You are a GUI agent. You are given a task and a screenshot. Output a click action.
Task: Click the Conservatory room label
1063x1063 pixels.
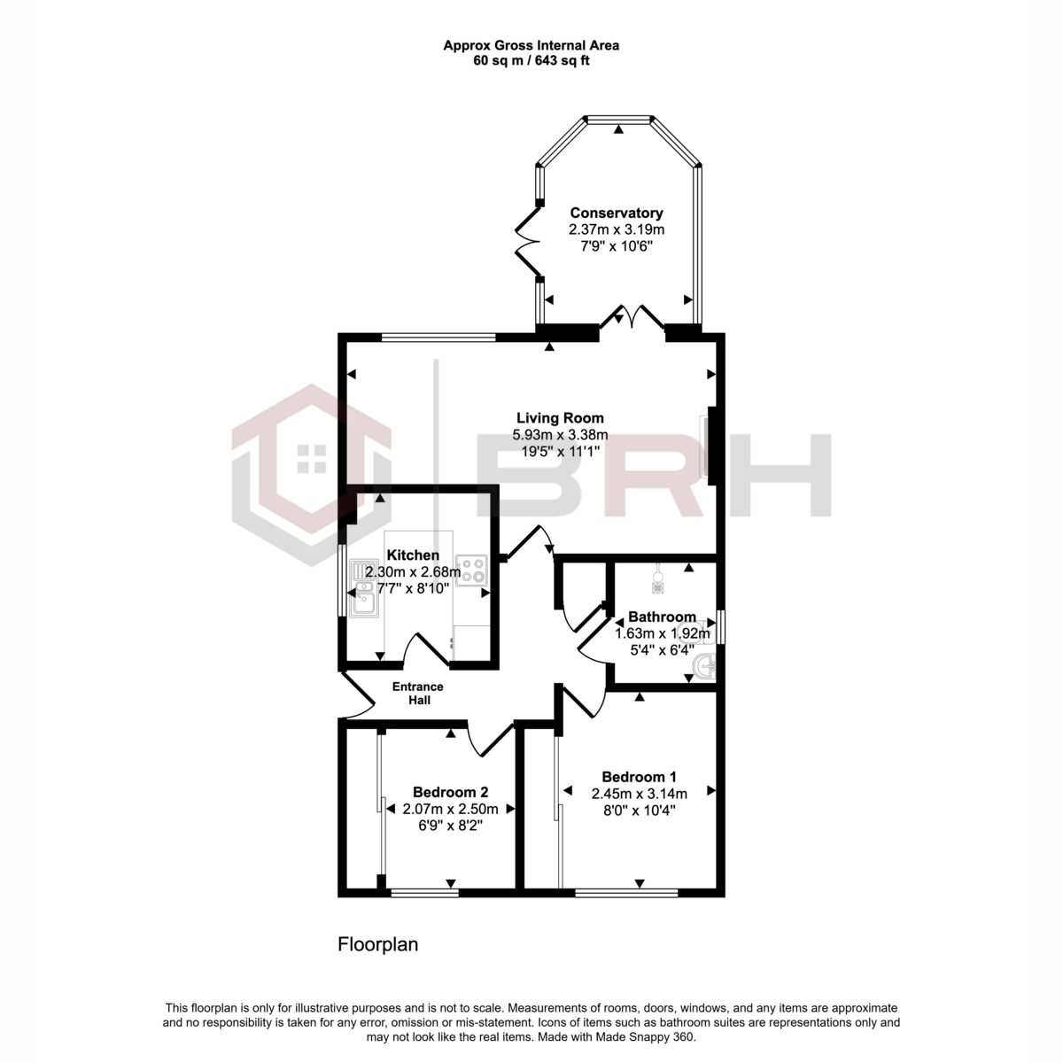point(616,213)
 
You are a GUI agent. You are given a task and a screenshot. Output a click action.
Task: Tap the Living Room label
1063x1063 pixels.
point(560,418)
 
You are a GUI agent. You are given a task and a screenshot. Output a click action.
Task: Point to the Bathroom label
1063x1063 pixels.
point(662,617)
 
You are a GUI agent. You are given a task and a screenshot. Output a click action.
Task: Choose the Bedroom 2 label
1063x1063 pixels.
point(450,792)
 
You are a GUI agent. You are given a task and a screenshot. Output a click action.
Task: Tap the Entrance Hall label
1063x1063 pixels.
point(418,693)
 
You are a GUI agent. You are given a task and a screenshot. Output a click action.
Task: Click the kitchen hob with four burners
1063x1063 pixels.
point(471,568)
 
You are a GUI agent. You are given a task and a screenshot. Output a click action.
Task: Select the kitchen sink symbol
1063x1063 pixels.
point(364,589)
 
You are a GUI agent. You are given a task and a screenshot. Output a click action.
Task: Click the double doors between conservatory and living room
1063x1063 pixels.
point(632,318)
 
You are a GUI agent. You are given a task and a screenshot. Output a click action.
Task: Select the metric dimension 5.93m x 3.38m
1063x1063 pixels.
point(560,435)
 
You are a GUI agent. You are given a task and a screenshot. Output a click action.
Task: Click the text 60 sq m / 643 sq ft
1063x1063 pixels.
point(531,61)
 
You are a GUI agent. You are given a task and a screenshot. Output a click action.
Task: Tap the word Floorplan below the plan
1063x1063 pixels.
point(377,944)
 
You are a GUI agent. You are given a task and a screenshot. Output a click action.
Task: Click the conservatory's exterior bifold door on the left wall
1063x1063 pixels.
point(528,243)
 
